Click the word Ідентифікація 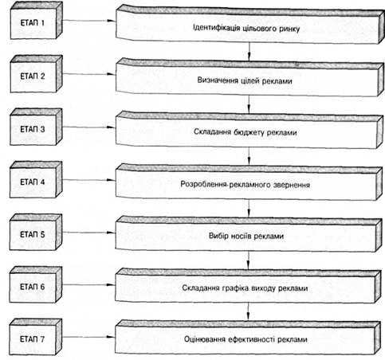(x=217, y=28)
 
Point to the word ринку (x=289, y=29)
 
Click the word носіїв (x=242, y=236)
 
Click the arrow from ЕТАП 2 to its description (x=88, y=74)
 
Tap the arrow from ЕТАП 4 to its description (x=88, y=180)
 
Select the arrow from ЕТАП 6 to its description (x=88, y=285)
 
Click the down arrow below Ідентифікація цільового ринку (x=249, y=51)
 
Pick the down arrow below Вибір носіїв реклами (x=249, y=260)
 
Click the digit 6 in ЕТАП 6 (x=42, y=287)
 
